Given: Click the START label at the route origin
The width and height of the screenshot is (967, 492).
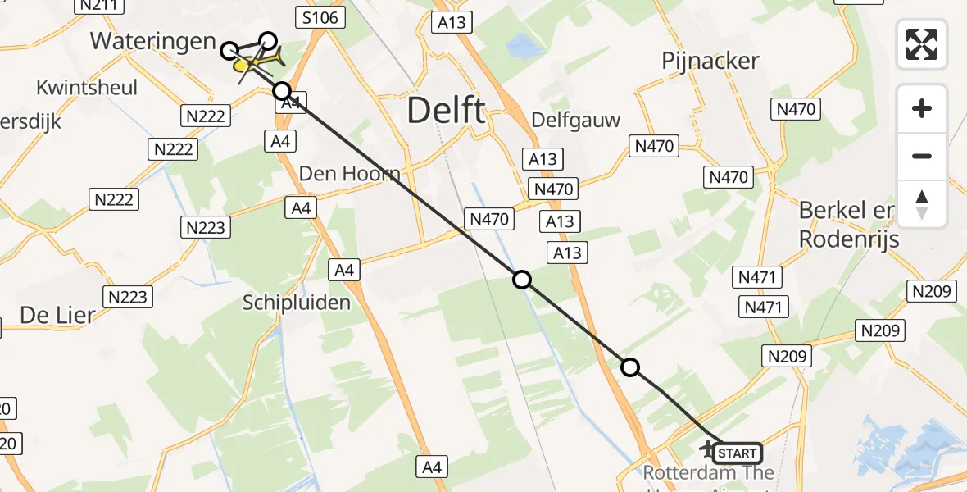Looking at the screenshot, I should pyautogui.click(x=738, y=453).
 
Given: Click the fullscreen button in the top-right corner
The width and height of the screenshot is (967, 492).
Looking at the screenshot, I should pyautogui.click(x=922, y=43).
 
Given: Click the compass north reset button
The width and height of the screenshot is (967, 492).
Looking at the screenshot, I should pyautogui.click(x=922, y=204).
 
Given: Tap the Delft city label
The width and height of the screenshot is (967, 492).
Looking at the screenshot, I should pyautogui.click(x=447, y=110).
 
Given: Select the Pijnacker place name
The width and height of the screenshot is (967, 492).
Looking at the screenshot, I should pyautogui.click(x=710, y=61).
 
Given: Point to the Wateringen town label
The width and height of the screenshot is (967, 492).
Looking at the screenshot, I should pyautogui.click(x=153, y=42).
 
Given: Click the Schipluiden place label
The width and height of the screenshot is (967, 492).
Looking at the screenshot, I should pyautogui.click(x=297, y=303).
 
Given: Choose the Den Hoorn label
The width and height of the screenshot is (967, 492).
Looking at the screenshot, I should pyautogui.click(x=349, y=174).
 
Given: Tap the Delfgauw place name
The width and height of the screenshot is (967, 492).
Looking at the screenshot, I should pyautogui.click(x=575, y=120).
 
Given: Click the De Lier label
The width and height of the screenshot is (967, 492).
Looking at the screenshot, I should pyautogui.click(x=57, y=315).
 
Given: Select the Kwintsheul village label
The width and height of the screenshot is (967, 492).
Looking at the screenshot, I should pyautogui.click(x=87, y=88).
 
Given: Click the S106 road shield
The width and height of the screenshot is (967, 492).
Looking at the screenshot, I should pyautogui.click(x=322, y=17).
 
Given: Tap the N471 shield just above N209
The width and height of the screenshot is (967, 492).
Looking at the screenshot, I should pyautogui.click(x=764, y=307).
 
